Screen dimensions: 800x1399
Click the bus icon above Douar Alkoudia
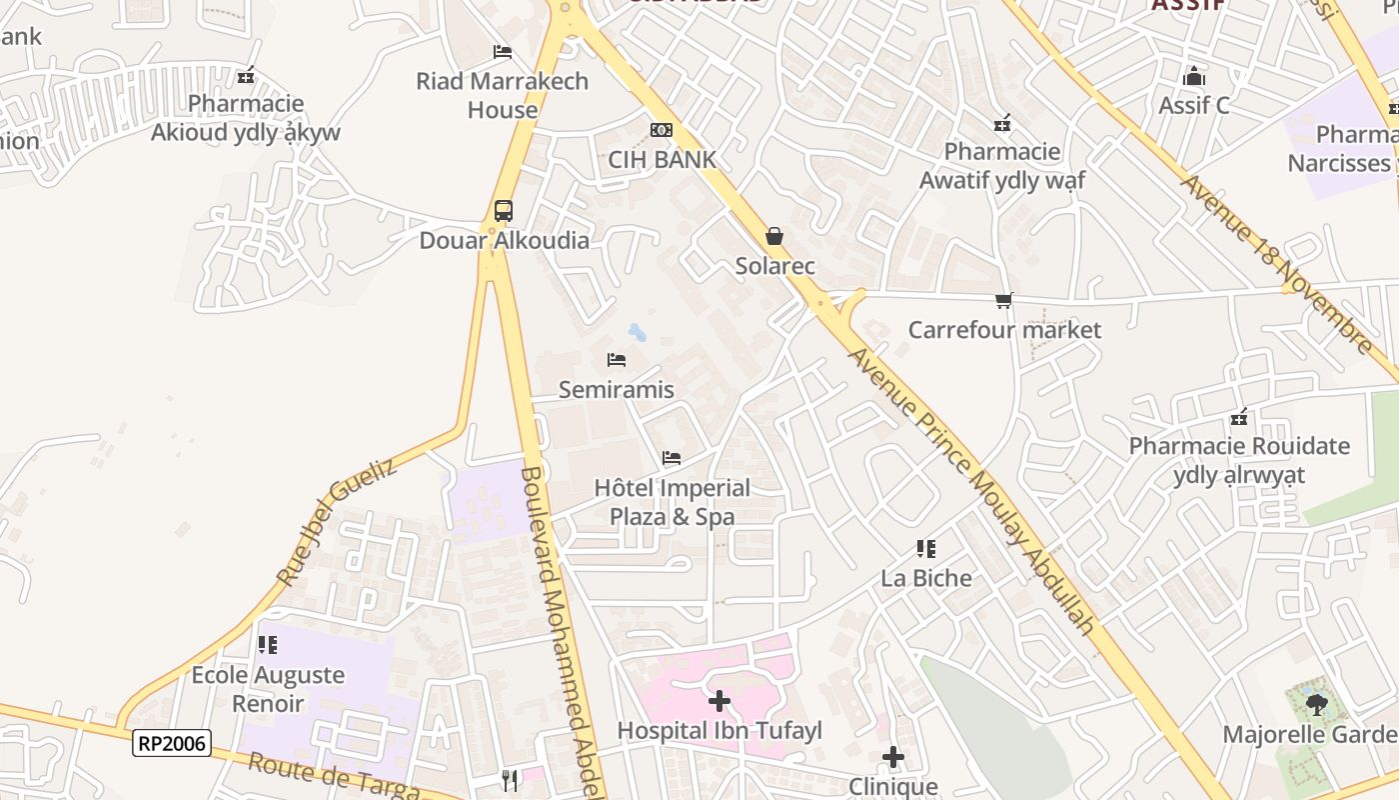(x=504, y=211)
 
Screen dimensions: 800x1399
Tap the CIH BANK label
(x=663, y=159)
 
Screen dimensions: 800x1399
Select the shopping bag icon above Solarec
(x=774, y=237)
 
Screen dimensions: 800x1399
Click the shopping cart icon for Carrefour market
(x=1004, y=300)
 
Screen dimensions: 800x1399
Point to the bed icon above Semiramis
(x=617, y=360)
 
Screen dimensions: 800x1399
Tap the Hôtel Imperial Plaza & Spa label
(x=673, y=502)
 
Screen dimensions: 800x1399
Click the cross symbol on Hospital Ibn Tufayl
(x=719, y=701)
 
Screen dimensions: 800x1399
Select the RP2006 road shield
(x=172, y=743)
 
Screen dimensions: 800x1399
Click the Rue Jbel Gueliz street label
(x=336, y=521)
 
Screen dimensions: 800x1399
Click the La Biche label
(x=926, y=578)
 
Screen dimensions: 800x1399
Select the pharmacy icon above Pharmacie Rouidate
(x=1240, y=417)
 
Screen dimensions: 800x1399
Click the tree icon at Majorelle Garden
(x=1317, y=705)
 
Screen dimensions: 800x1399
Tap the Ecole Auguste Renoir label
(x=268, y=689)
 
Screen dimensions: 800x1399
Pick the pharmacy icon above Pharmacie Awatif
(x=1003, y=123)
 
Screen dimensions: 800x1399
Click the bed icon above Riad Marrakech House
(x=503, y=52)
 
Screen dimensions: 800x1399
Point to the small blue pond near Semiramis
(x=637, y=332)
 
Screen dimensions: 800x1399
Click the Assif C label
(x=1194, y=105)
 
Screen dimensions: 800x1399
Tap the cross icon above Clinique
(x=893, y=758)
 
